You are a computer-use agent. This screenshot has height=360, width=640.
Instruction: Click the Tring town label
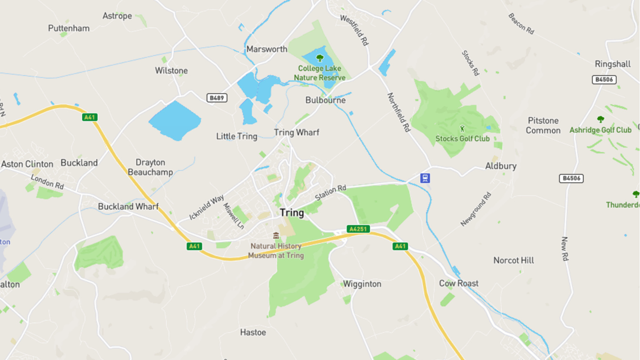pos(292,213)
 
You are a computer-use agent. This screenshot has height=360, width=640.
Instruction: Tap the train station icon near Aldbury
pos(425,178)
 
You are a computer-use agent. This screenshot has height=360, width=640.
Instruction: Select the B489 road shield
pos(217,98)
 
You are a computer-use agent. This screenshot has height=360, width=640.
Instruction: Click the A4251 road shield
pos(358,229)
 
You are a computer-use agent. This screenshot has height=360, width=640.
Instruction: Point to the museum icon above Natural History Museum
pos(276,236)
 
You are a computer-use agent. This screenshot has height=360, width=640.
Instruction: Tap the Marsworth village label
pos(266,49)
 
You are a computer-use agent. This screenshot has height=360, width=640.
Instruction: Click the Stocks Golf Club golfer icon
pos(462,129)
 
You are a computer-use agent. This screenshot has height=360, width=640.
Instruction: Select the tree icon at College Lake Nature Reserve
pos(319,58)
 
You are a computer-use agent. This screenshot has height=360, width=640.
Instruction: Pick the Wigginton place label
pos(362,284)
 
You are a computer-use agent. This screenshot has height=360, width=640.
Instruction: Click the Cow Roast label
pos(459,284)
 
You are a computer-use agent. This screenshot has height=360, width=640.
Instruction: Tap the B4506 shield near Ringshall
pos(604,79)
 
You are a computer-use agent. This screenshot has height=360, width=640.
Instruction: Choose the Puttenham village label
pos(69,29)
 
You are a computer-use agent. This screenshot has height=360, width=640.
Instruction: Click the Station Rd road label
pos(331,193)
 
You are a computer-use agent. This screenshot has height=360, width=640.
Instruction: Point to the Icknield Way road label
pos(207,207)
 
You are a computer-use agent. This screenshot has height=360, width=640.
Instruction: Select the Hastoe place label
pos(253,332)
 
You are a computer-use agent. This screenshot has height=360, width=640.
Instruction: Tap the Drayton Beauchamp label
pos(150,167)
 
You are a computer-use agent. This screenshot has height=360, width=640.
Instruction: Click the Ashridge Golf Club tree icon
pos(600,120)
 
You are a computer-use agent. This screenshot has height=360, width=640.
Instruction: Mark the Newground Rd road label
pos(476,209)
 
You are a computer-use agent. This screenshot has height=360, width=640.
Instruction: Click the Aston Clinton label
pos(27,164)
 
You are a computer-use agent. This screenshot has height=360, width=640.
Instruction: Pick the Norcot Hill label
pos(514,260)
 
